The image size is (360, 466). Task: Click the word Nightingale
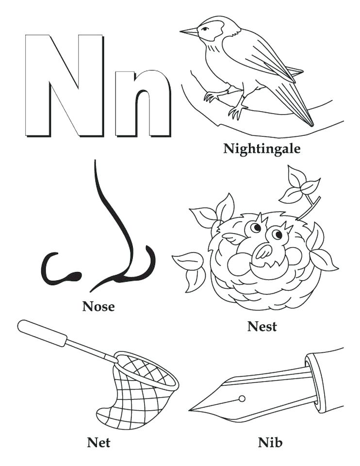point(262,148)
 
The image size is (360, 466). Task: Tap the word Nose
point(98,306)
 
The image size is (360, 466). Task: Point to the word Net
point(98,442)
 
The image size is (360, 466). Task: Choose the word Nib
point(270,442)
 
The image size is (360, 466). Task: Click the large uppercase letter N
point(65,85)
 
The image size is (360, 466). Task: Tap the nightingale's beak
point(189,33)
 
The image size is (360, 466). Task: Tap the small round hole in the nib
point(242,399)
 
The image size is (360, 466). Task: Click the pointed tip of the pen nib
point(192,410)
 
